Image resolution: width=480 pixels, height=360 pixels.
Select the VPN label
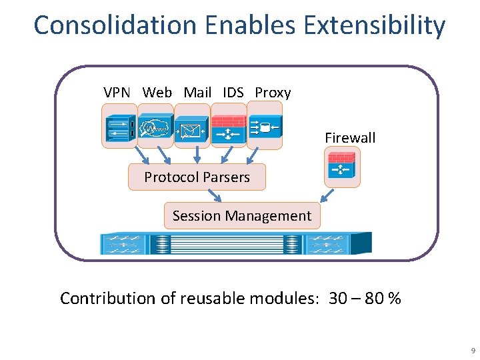[x=117, y=93]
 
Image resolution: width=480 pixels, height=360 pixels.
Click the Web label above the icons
[x=157, y=93]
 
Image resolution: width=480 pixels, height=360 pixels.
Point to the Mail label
[x=197, y=93]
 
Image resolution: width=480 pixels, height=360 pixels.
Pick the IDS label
[x=233, y=93]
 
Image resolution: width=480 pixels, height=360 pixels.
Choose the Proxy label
[x=273, y=93]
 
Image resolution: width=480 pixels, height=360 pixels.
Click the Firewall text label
[x=350, y=138]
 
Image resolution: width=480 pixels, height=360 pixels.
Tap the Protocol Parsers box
[x=197, y=177]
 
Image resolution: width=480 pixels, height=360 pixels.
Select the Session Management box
[x=241, y=216]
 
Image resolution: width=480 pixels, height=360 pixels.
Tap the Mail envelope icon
[x=192, y=129]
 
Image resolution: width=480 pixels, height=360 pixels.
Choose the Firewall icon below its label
[x=342, y=167]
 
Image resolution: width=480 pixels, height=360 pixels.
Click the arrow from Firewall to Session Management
[x=327, y=195]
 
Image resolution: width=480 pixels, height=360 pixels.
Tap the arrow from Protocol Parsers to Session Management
[x=214, y=195]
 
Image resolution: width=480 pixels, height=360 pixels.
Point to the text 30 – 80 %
[x=365, y=299]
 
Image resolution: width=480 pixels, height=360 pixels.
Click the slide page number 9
[x=472, y=350]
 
